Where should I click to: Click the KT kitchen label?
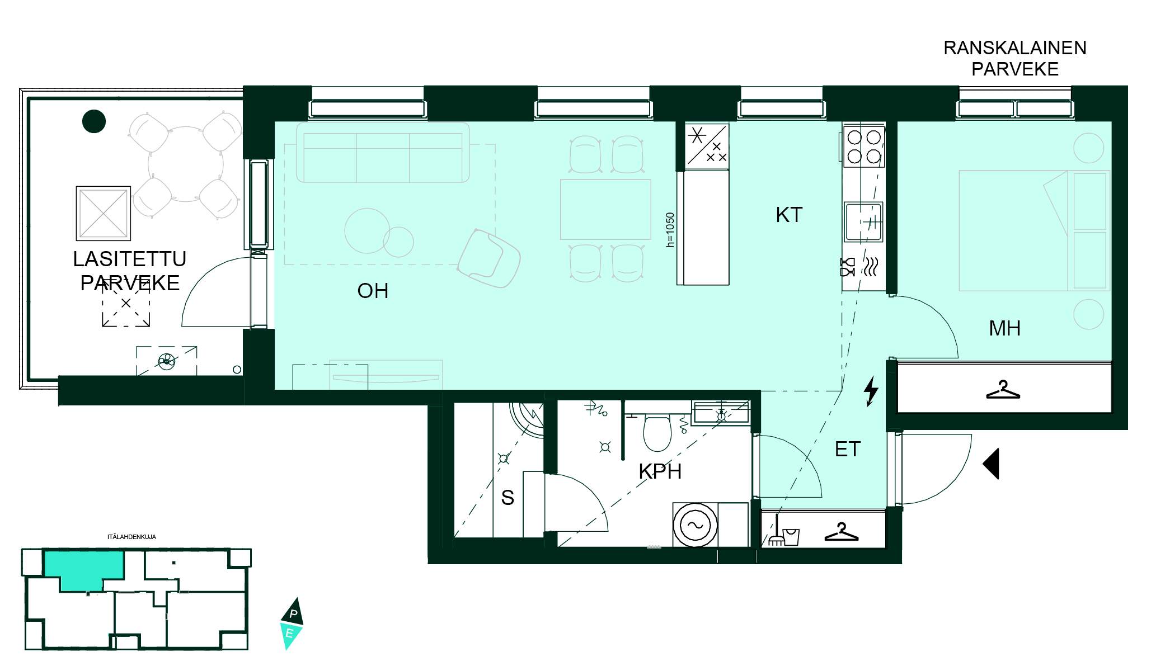(x=789, y=215)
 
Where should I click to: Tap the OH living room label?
(x=373, y=291)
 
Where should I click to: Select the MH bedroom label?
(x=1004, y=328)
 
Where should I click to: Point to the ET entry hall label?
(x=847, y=449)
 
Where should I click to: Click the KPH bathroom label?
(x=660, y=471)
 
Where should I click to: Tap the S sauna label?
(x=508, y=497)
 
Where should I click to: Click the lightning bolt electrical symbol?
(x=871, y=391)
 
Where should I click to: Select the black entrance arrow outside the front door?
(x=991, y=464)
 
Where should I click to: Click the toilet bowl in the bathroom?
(x=657, y=433)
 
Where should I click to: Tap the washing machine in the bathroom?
(x=695, y=525)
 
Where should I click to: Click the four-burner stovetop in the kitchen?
(x=864, y=146)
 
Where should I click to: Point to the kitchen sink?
(x=863, y=222)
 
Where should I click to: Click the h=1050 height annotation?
(x=670, y=229)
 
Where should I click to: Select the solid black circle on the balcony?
(x=94, y=121)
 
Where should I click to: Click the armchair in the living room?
(x=489, y=258)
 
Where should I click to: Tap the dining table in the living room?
(x=605, y=209)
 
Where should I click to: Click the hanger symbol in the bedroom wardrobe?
(x=1003, y=390)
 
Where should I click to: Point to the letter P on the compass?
(x=293, y=613)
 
